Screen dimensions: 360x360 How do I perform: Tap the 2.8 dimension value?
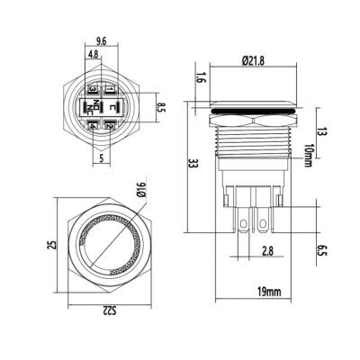click(266, 251)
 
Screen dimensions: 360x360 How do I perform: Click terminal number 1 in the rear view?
click(108, 90)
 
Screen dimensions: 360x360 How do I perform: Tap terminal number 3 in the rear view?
click(93, 90)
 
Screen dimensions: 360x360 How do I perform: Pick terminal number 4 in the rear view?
click(93, 127)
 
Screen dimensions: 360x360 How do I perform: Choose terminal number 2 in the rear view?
click(108, 127)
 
